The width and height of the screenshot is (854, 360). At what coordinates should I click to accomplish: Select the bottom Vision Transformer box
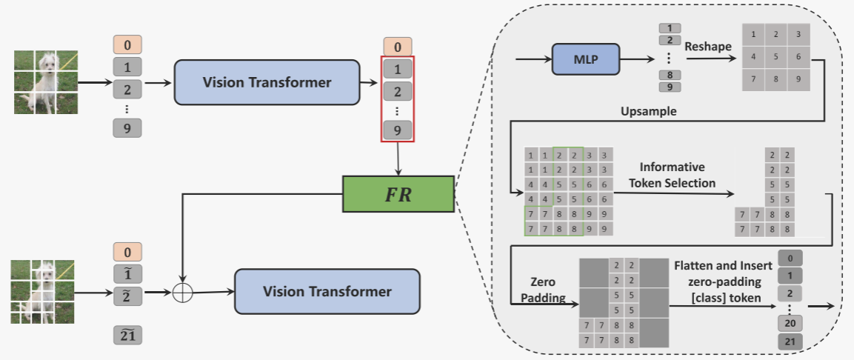tap(327, 291)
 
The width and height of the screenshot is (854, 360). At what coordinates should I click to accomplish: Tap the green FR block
tap(398, 196)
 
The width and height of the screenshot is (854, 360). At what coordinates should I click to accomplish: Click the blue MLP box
tap(584, 57)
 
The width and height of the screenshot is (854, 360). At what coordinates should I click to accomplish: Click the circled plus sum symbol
tap(181, 293)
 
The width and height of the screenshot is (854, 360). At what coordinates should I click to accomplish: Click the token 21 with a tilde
tap(128, 335)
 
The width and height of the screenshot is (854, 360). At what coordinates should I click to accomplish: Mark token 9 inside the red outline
tap(398, 130)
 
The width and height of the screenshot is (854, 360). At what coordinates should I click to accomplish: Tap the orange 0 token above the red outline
tap(398, 47)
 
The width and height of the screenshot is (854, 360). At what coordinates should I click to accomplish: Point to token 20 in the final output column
tap(790, 323)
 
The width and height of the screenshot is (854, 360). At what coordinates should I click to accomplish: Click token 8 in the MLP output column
tap(670, 75)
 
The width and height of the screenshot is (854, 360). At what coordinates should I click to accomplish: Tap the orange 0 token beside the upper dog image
tap(127, 44)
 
